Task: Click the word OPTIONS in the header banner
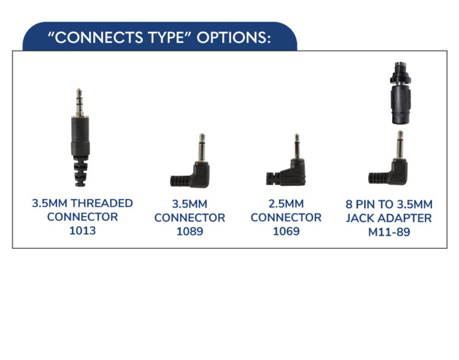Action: pos(234,38)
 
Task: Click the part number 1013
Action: pos(82,230)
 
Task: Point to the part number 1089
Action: pos(189,231)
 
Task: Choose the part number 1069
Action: pos(286,231)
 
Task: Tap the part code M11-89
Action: pos(389,232)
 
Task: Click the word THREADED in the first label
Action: pos(102,203)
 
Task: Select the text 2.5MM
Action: pos(286,204)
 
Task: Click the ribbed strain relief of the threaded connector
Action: pos(80,173)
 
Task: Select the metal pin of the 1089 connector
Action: pos(202,147)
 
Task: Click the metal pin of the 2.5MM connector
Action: pos(297,147)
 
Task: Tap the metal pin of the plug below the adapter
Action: pos(400,145)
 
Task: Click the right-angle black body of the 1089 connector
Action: pos(201,175)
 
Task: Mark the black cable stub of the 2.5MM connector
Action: pos(273,179)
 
